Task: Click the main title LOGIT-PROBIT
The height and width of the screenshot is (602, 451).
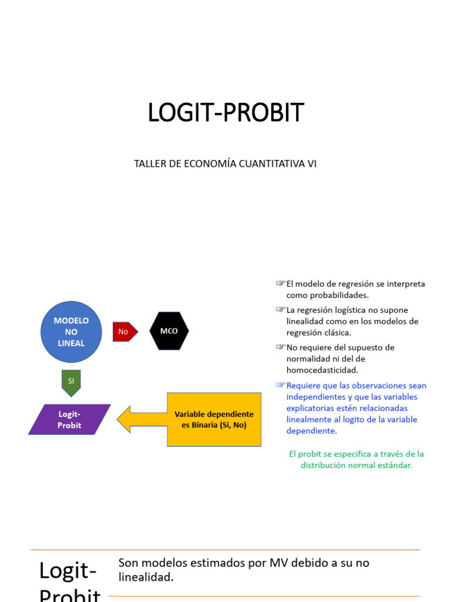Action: coord(225,112)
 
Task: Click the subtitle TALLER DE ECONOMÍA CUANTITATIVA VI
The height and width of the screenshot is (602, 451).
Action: coord(225,163)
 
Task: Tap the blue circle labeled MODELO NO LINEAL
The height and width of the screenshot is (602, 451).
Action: coord(71,332)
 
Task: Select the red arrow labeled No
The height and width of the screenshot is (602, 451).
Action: coord(124,332)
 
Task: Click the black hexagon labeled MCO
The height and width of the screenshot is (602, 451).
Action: coord(169,332)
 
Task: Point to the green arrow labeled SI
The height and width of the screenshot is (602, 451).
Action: coord(71,382)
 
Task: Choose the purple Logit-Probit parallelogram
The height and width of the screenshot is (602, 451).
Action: coord(69,419)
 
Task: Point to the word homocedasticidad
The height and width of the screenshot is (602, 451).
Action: coord(322,370)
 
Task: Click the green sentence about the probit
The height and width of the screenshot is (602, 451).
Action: coord(356,459)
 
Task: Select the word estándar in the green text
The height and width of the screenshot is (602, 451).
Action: coord(395,465)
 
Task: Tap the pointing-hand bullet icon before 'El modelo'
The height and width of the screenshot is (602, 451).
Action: coord(281,284)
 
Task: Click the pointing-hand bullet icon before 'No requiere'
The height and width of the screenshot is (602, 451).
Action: coord(281,347)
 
